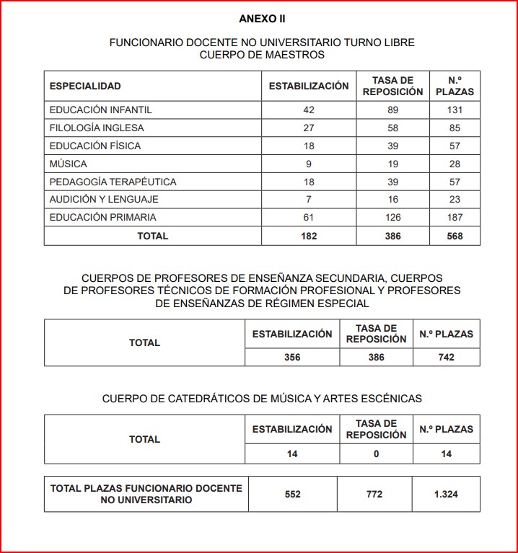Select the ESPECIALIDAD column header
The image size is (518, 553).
coord(85,87)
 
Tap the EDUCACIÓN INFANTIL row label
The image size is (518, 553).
coord(100,110)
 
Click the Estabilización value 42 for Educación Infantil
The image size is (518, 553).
coord(309,110)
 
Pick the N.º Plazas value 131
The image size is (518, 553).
coord(455,110)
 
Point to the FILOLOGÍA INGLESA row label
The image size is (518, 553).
coord(97,128)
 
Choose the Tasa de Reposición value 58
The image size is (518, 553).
coord(392,128)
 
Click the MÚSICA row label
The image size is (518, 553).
coord(68,164)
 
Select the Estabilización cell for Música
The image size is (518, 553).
coord(309,164)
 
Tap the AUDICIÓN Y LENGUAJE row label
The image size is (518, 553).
coord(104,200)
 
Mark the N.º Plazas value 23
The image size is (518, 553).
coord(455,200)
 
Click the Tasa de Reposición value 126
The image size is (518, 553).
coord(392,217)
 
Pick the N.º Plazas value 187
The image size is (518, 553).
coord(455,217)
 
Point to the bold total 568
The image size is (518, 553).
coord(455,236)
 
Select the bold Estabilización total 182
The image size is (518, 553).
coord(309,236)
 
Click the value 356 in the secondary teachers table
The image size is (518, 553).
coord(292,357)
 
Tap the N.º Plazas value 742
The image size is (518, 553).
coord(447,357)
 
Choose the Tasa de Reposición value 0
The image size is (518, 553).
coord(376,454)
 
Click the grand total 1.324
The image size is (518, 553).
coord(447,495)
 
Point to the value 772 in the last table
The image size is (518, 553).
coord(376,495)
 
